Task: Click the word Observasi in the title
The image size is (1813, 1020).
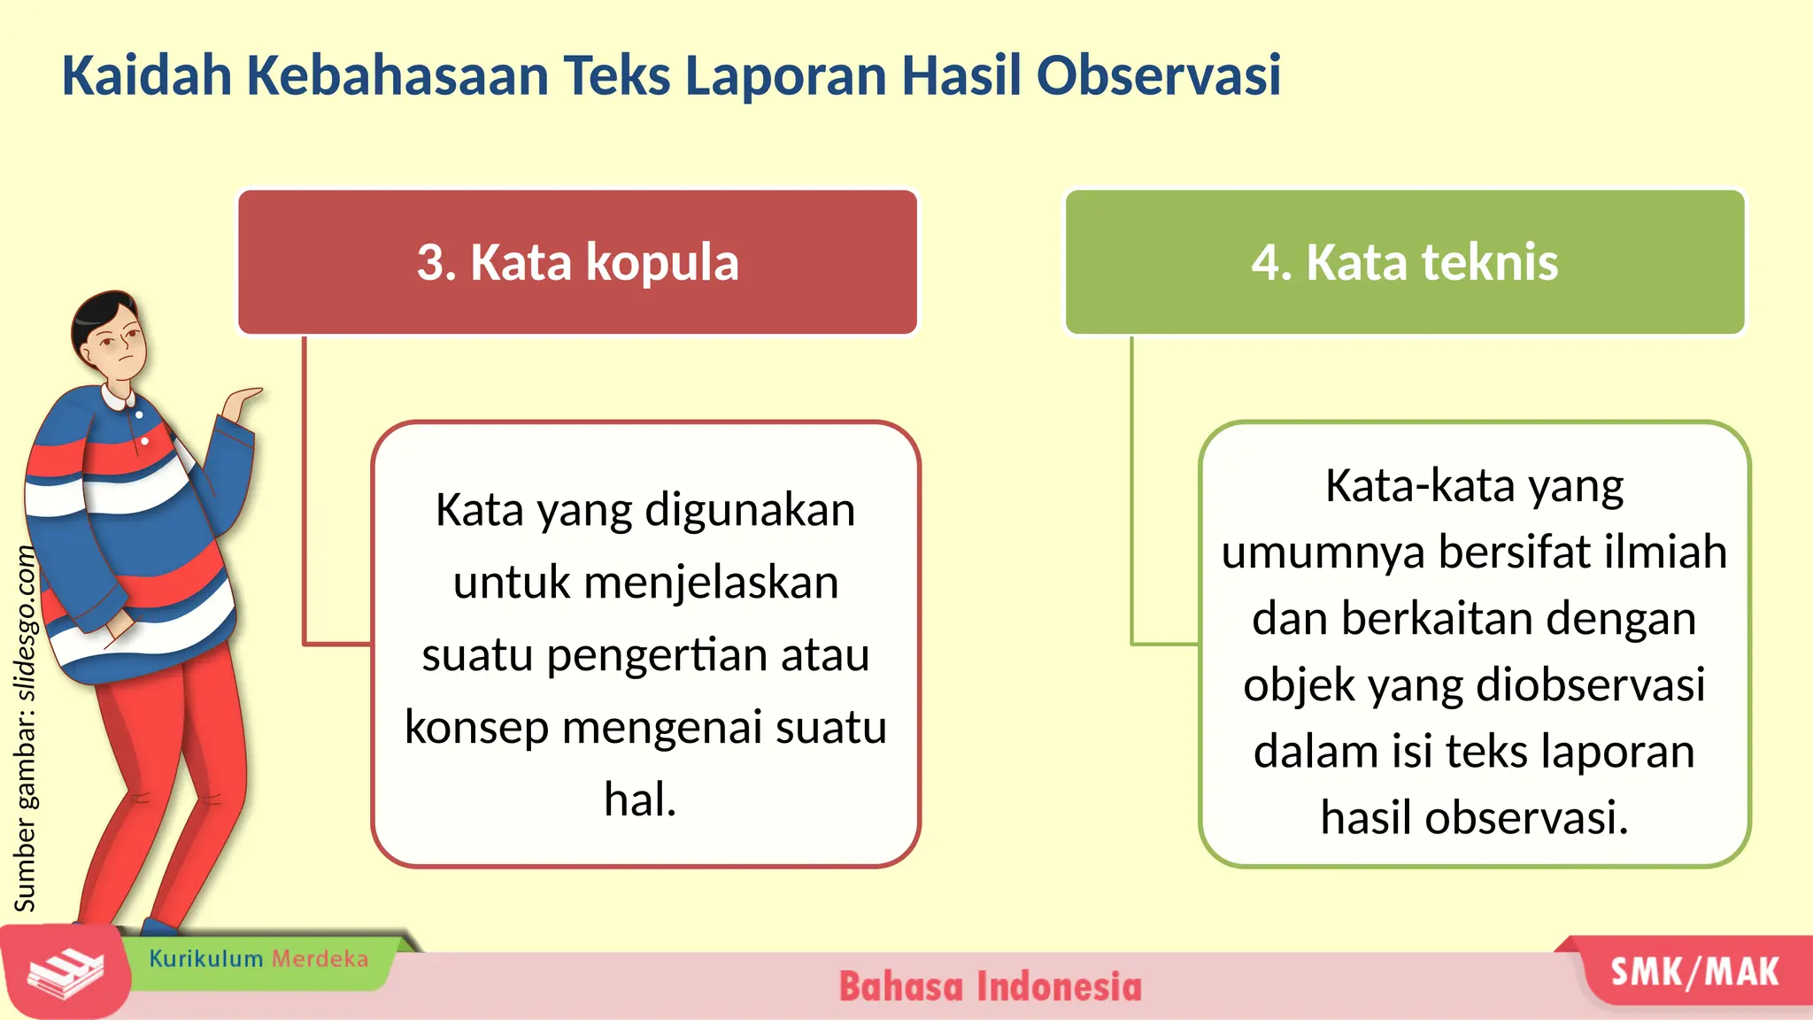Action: point(1158,75)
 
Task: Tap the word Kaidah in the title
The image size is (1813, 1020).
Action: point(146,75)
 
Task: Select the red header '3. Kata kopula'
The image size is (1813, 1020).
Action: point(577,262)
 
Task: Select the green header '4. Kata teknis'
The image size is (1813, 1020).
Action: point(1405,262)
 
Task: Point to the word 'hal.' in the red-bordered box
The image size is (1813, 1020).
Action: point(640,800)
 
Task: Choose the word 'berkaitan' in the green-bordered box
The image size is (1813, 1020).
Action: point(1429,618)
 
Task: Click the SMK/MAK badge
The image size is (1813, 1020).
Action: point(1694,972)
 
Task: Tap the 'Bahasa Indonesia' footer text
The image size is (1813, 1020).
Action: point(990,986)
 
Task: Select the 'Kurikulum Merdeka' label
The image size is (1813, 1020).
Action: point(258,959)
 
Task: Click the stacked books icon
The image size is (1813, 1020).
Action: point(64,974)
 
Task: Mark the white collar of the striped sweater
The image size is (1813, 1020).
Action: point(120,396)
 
